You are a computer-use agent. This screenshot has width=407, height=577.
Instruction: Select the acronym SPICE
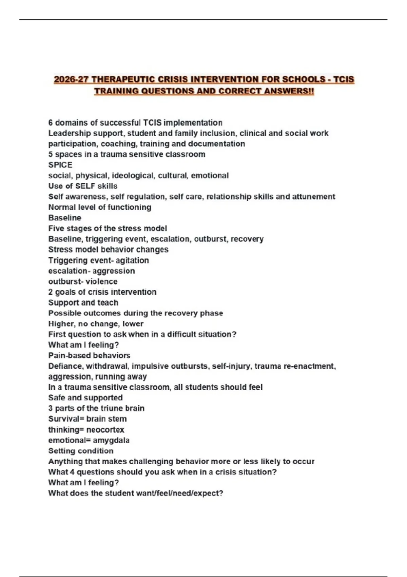click(60, 165)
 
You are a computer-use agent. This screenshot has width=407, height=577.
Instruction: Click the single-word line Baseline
click(65, 218)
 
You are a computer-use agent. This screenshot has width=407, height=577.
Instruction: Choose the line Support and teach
click(83, 302)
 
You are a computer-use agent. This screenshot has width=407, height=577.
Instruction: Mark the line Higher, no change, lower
click(96, 324)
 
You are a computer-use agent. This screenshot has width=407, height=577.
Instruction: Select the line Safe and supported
click(85, 397)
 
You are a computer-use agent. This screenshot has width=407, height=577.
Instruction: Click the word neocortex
click(105, 430)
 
